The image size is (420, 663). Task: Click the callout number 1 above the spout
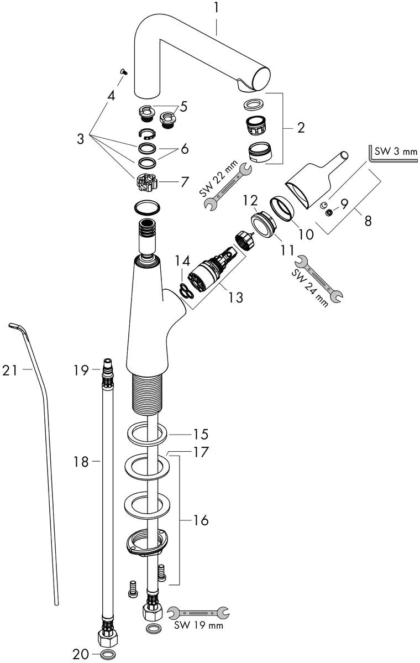217,8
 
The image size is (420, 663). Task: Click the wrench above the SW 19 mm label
198,612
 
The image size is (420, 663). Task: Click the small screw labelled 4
124,71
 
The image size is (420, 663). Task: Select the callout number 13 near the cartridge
235,297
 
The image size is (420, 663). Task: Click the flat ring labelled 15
148,433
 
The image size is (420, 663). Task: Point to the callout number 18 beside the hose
81,461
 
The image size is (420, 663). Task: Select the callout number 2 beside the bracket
301,128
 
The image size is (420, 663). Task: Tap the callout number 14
182,259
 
